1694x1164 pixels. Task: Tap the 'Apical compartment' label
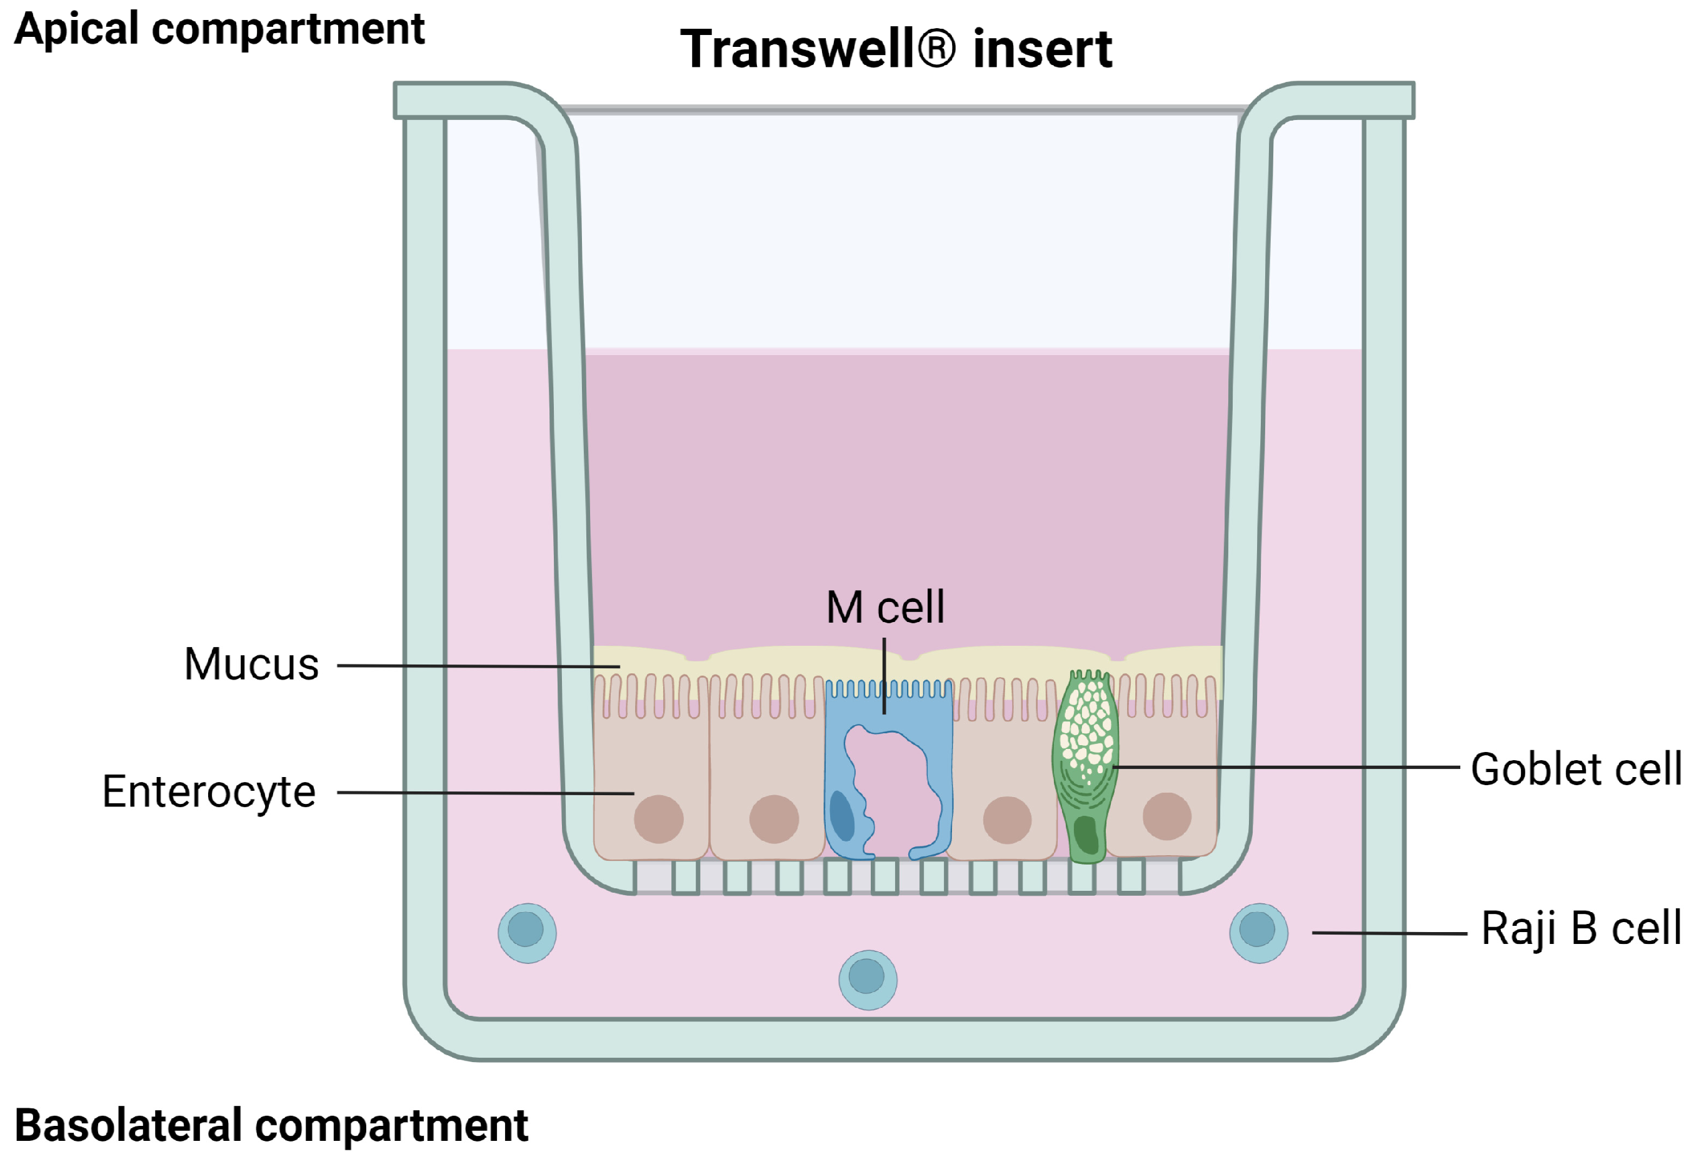coord(219,29)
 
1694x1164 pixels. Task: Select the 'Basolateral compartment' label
coord(271,1125)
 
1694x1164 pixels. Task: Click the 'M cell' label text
coord(885,607)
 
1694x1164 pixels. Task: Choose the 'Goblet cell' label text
coord(1576,769)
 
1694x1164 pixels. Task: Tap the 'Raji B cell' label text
coord(1581,928)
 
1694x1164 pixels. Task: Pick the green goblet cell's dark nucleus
coord(1086,835)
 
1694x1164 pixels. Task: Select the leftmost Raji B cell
coord(526,932)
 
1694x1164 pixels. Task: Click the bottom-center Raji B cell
coord(867,979)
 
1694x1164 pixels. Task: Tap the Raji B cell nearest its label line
coord(1258,932)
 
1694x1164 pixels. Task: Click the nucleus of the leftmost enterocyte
coord(658,818)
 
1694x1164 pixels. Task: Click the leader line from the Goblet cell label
coord(1283,767)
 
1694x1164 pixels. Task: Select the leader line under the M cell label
coord(885,675)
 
